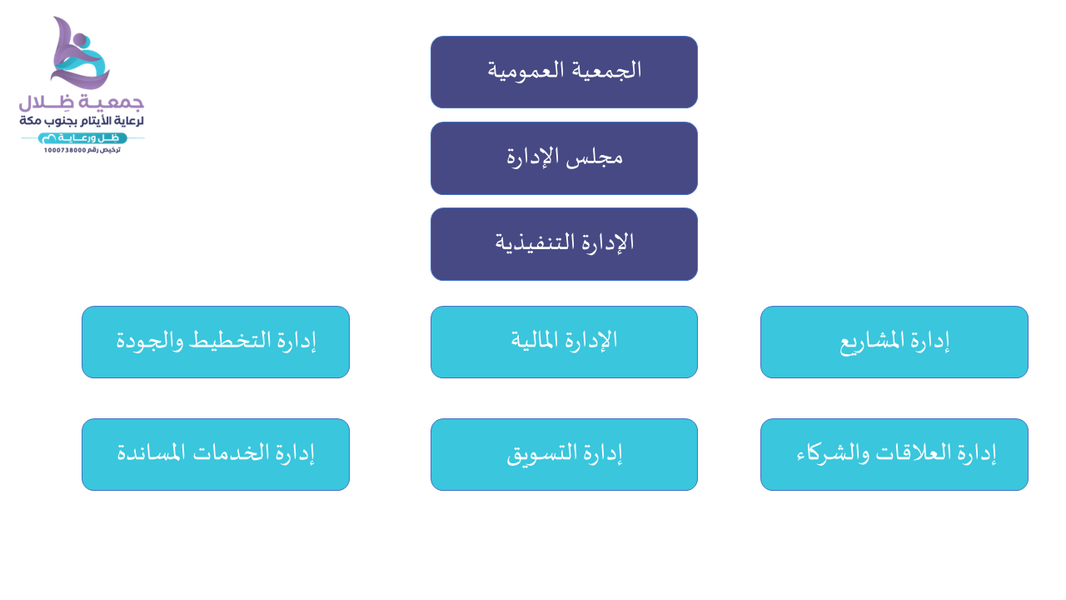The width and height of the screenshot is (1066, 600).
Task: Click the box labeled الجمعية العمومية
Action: tap(564, 72)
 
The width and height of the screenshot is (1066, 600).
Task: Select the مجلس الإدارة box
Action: tap(564, 158)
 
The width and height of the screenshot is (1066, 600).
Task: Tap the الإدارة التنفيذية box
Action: tap(564, 244)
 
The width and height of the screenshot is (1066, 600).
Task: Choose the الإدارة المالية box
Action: tap(564, 342)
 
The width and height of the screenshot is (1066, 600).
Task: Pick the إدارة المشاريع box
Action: tap(894, 342)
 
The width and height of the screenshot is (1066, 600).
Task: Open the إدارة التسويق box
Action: tap(564, 454)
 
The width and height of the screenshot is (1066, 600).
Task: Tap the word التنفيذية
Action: tap(535, 242)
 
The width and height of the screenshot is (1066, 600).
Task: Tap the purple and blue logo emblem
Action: tap(80, 53)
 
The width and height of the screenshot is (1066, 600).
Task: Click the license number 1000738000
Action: tap(65, 151)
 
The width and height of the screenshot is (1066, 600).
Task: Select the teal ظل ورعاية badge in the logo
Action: tap(82, 138)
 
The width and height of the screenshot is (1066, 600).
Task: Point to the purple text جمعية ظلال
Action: tap(82, 102)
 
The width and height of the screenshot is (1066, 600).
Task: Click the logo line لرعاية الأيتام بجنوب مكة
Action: tap(82, 121)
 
